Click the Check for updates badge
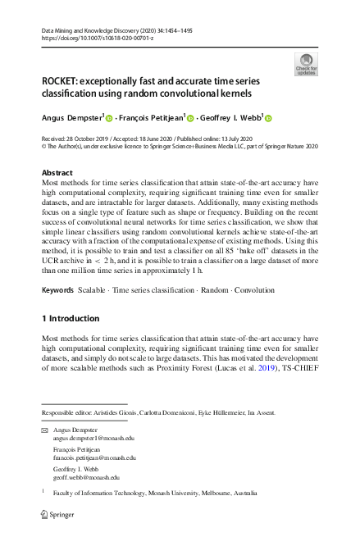[306, 64]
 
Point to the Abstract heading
[57, 173]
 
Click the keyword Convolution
[256, 290]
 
